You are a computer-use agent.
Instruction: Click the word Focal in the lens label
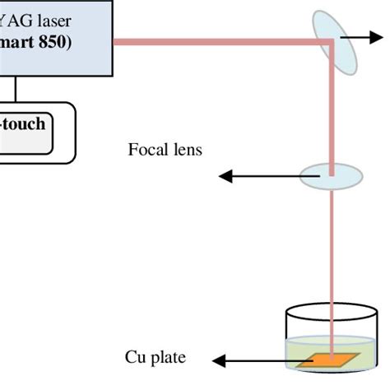pyautogui.click(x=146, y=151)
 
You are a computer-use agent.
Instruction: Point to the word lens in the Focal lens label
pyautogui.click(x=183, y=151)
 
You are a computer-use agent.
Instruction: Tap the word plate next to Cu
pyautogui.click(x=168, y=358)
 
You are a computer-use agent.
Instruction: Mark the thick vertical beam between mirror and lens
pyautogui.click(x=332, y=107)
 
